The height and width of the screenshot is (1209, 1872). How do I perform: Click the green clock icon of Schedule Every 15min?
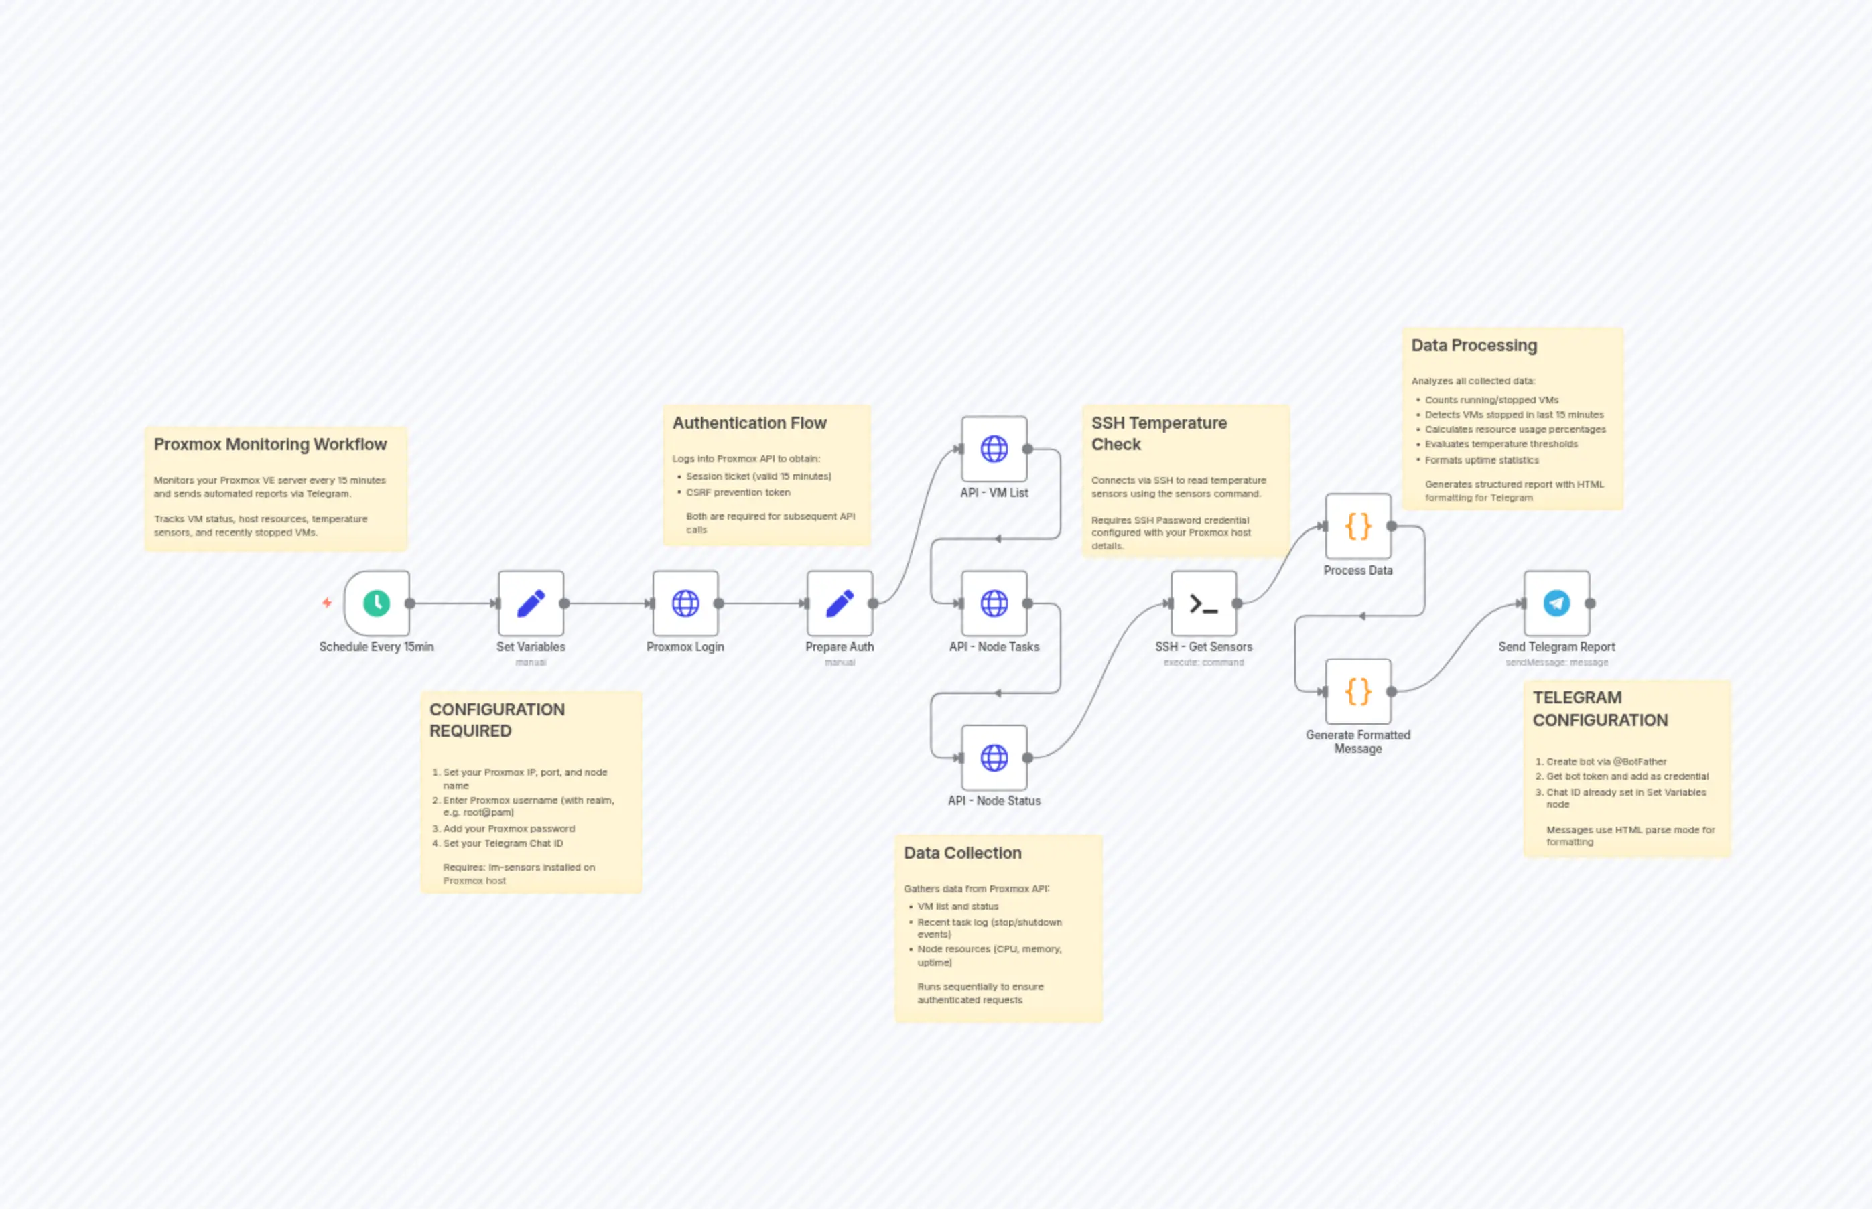click(x=377, y=603)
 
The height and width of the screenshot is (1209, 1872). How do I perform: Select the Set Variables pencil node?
click(x=531, y=603)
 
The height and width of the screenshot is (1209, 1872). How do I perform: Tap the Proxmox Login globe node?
click(x=685, y=603)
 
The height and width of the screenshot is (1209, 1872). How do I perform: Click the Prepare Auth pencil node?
click(x=840, y=603)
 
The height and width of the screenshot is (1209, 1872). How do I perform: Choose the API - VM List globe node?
click(x=994, y=449)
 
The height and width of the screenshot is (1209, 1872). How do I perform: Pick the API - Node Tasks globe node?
click(x=994, y=603)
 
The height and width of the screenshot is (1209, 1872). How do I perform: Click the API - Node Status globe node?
click(x=994, y=758)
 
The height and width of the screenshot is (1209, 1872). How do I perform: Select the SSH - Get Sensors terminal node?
click(x=1204, y=603)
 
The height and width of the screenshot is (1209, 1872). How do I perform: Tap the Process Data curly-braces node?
click(x=1359, y=526)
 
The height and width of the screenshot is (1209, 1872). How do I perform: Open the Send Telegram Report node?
click(x=1556, y=603)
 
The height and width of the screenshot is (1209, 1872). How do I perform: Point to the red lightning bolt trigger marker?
click(x=328, y=603)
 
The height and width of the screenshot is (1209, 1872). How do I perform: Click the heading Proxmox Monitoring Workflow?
click(x=270, y=444)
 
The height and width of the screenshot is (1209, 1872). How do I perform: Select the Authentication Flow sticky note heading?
click(x=749, y=423)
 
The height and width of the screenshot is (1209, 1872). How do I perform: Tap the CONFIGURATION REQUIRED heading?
click(x=497, y=720)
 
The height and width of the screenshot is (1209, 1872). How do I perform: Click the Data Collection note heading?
click(x=963, y=853)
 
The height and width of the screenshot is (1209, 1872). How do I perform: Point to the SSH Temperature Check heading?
click(x=1159, y=433)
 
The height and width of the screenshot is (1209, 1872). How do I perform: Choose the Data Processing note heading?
click(x=1474, y=346)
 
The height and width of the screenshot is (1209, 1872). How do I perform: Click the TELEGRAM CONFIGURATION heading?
click(x=1600, y=709)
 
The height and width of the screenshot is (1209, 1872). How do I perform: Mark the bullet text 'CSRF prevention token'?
click(x=738, y=492)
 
